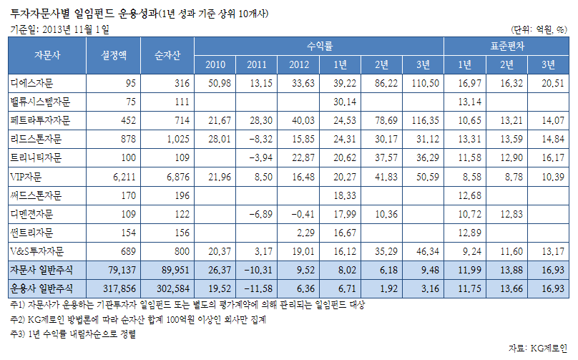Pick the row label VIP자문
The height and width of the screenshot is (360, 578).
point(27,176)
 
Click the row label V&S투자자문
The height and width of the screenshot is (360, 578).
point(38,250)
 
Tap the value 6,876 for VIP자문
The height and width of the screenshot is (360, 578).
point(175,176)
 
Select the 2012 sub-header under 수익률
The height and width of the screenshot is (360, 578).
point(298,65)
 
